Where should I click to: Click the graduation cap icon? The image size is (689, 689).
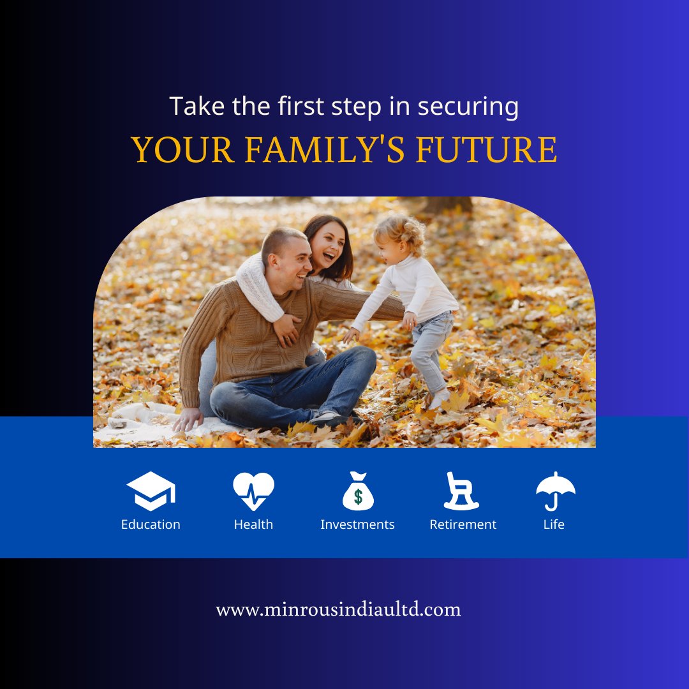[151, 491]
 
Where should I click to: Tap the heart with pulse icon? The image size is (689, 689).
[253, 491]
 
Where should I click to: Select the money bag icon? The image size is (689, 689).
[358, 491]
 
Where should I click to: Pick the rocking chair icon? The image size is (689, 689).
[461, 491]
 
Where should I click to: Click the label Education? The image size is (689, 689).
[151, 524]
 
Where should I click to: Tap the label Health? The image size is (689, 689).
[253, 524]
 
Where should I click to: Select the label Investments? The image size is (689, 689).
[357, 524]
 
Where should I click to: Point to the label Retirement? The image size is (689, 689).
[463, 524]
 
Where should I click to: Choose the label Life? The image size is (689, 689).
[554, 524]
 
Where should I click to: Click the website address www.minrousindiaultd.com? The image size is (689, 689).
[338, 609]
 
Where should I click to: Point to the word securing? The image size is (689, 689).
[468, 107]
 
